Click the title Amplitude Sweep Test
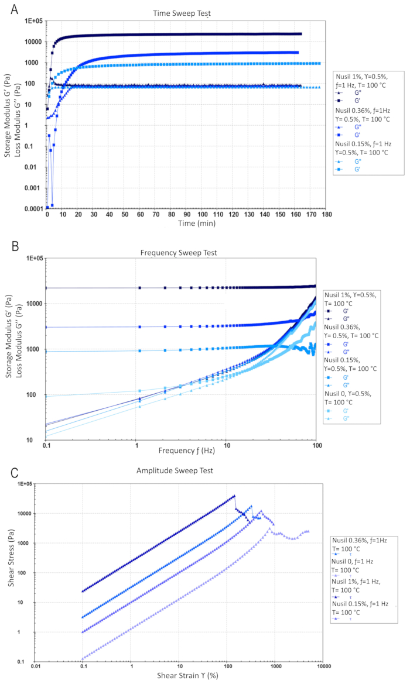183,470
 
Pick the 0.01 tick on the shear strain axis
36,666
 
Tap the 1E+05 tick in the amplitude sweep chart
24,484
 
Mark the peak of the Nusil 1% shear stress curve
234,496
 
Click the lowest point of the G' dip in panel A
52,205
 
